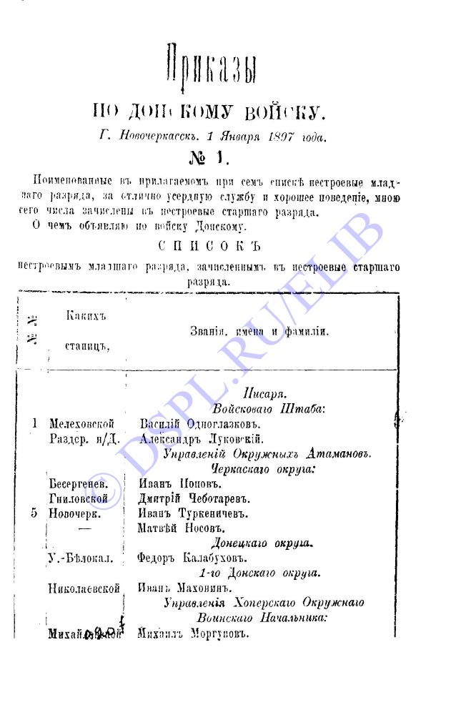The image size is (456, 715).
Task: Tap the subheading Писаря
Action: pos(264,393)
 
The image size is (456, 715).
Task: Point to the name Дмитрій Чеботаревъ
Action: pos(194,498)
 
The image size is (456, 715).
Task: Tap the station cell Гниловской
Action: pos(78,498)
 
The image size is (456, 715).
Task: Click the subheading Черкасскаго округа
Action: pos(264,468)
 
